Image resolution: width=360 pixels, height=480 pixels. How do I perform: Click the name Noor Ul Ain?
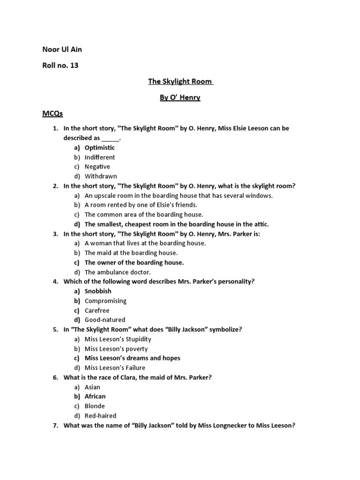62,49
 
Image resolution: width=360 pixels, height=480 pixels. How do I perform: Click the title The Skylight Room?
180,82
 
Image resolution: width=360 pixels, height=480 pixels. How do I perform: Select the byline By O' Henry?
180,97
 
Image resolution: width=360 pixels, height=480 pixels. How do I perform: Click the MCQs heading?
52,113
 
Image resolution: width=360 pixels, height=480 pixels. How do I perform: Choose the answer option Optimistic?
99,148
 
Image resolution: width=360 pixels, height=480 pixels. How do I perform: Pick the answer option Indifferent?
99,157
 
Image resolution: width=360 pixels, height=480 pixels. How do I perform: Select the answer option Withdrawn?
101,176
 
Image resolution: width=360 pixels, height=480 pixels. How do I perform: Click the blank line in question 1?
111,138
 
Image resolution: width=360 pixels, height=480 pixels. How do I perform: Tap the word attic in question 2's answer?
260,224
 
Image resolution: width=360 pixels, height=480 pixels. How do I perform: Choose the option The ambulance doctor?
118,272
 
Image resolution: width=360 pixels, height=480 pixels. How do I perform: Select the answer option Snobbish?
98,291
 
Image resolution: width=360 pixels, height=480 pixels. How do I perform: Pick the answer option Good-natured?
105,320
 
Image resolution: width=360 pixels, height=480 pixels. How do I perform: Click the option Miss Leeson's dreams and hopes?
132,358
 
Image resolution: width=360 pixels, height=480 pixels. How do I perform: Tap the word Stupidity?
136,339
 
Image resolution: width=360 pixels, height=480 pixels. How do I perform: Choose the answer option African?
95,396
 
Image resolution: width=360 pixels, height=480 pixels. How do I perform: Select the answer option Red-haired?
100,415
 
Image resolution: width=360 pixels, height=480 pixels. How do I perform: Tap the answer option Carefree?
97,310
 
